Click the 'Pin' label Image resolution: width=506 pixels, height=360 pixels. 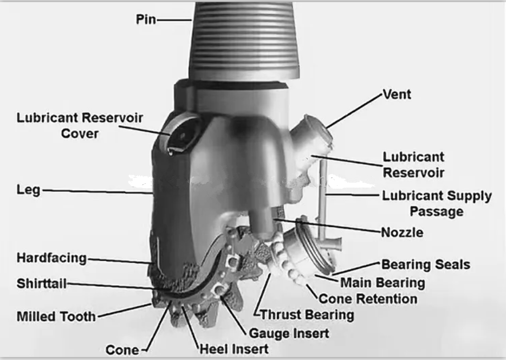coord(146,20)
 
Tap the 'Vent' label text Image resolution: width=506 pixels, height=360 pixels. coord(397,94)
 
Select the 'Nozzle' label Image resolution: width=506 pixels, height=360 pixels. coord(402,233)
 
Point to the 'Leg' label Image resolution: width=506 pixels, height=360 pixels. coord(28,190)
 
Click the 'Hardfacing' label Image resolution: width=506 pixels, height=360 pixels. coord(51,258)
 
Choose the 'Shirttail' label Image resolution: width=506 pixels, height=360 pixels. coord(41,284)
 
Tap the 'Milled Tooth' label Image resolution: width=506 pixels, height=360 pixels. coord(56,317)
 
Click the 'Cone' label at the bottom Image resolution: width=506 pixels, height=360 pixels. coord(122,350)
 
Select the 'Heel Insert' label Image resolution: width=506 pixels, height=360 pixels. coord(234,349)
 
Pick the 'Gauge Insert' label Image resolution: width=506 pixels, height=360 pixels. coord(289,333)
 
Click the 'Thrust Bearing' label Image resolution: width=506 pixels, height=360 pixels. coord(307,315)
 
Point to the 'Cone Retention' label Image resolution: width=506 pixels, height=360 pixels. coord(368,299)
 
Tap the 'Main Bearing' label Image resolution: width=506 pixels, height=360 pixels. coord(382,283)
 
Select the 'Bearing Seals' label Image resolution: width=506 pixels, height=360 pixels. coord(426,265)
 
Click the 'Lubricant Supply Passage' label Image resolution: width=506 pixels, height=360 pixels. coord(437,204)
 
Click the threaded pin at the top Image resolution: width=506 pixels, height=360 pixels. coord(244,40)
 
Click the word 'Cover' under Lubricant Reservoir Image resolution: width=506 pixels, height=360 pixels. coord(80,133)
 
